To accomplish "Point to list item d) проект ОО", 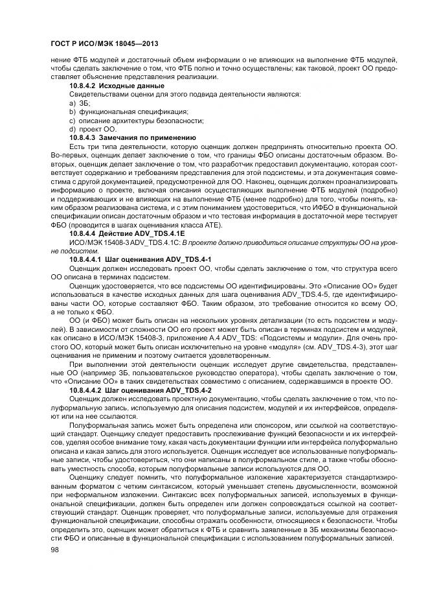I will click(x=93, y=129).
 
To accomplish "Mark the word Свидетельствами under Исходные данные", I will click(x=96, y=95).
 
